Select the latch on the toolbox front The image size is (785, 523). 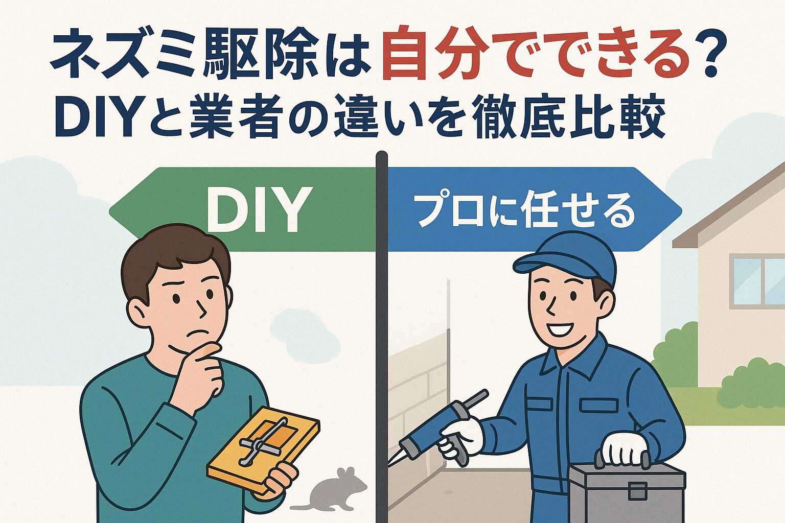click(x=638, y=490)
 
